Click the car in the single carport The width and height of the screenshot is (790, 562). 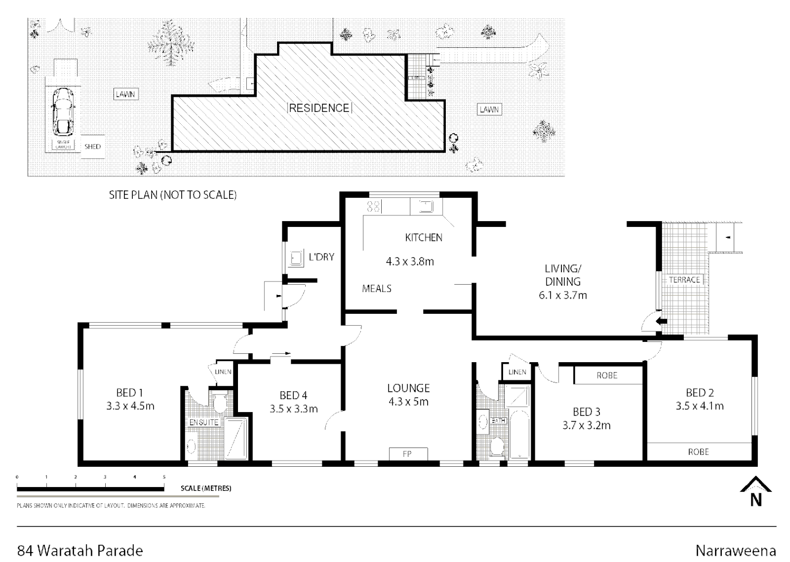pyautogui.click(x=62, y=111)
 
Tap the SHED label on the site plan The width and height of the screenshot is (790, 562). pyautogui.click(x=92, y=146)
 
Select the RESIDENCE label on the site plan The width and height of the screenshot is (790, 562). pyautogui.click(x=319, y=108)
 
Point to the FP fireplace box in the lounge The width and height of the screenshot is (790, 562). pyautogui.click(x=407, y=454)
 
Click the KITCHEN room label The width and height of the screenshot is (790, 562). pyautogui.click(x=423, y=237)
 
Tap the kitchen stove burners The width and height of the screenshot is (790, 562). pyautogui.click(x=373, y=207)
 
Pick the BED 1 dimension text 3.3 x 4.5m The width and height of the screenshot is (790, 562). pyautogui.click(x=130, y=406)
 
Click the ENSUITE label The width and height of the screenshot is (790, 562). pyautogui.click(x=204, y=423)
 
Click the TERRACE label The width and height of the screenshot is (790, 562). pyautogui.click(x=684, y=280)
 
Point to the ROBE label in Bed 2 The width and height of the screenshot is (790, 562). pyautogui.click(x=698, y=452)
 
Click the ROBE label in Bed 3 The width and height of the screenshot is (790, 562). pyautogui.click(x=607, y=375)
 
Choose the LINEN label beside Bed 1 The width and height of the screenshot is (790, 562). pyautogui.click(x=223, y=372)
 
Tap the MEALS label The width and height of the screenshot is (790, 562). pyautogui.click(x=377, y=288)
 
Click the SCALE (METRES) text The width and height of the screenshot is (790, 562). pyautogui.click(x=206, y=489)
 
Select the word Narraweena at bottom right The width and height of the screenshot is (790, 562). pyautogui.click(x=735, y=551)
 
